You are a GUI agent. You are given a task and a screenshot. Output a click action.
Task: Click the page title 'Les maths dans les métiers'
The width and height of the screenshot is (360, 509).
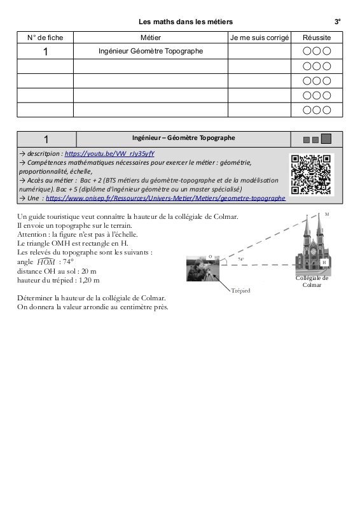185,22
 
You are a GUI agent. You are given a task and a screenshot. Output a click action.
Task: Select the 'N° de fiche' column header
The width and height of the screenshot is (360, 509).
45,38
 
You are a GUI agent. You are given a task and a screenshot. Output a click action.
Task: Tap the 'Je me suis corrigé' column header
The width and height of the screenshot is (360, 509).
260,38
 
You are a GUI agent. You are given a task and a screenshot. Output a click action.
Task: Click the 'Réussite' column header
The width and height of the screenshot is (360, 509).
317,38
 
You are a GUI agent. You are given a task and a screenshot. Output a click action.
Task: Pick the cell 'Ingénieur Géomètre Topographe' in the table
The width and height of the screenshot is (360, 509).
151,51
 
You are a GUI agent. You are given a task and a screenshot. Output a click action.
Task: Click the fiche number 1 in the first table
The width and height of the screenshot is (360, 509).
45,52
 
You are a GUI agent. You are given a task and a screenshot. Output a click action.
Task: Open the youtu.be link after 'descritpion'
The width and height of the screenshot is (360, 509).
109,153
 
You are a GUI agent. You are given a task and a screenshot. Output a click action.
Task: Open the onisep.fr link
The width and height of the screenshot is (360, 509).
165,198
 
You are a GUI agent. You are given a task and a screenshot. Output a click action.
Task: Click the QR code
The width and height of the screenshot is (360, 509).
311,174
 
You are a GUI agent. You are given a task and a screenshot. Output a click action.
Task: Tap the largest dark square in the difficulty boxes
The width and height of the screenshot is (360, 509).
326,139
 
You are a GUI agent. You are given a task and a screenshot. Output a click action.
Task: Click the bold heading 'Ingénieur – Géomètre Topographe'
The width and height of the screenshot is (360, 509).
183,137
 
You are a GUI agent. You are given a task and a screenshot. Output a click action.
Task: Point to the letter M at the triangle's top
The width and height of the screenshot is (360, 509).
327,214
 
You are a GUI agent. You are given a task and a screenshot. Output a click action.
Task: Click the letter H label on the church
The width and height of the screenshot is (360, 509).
324,262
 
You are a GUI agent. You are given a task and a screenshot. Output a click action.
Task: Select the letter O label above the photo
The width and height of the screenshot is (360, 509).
210,257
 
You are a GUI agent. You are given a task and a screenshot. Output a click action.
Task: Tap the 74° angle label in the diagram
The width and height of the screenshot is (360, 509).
241,260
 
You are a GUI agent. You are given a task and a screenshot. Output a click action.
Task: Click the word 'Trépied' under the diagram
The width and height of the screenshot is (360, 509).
240,291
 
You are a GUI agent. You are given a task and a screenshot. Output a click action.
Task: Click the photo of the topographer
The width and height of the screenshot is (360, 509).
203,268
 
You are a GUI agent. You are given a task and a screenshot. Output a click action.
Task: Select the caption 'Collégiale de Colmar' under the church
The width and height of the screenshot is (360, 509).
312,281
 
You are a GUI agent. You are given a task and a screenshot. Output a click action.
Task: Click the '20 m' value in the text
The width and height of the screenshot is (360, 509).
89,272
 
